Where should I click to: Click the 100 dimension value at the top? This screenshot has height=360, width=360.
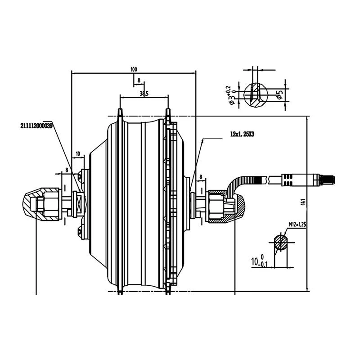click(x=134, y=69)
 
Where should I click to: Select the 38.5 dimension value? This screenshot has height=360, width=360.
click(x=144, y=94)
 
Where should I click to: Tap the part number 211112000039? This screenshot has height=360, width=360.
click(x=36, y=126)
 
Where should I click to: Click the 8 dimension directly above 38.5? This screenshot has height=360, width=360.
click(x=139, y=81)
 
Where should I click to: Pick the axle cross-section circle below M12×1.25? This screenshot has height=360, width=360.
click(x=282, y=243)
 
